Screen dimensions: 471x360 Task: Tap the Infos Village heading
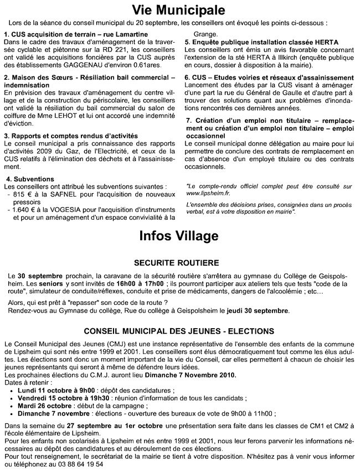(179, 236)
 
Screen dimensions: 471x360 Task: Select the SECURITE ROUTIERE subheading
(180, 262)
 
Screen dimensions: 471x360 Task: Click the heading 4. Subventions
(29, 180)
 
